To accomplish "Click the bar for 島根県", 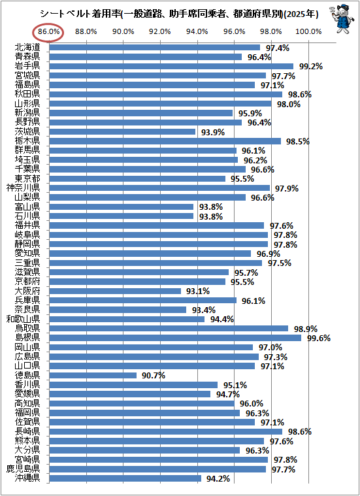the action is [x=175, y=338].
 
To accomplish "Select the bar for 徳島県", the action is [x=93, y=376].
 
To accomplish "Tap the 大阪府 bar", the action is [x=115, y=291].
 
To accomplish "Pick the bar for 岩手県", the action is [x=171, y=67].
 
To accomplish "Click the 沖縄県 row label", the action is [x=27, y=478].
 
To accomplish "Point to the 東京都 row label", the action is [x=27, y=178].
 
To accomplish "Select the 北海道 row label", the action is [x=27, y=48].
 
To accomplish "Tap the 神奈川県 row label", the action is [x=24, y=188].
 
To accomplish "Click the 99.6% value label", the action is [x=319, y=339].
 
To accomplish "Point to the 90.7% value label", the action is [x=154, y=376].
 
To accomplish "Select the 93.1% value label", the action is [x=198, y=291].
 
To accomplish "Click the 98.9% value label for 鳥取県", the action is [x=306, y=329].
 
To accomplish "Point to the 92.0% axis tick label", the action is [x=160, y=32].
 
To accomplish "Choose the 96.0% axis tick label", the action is [x=234, y=32].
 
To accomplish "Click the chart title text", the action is [x=179, y=14].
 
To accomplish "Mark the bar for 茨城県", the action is [x=123, y=132].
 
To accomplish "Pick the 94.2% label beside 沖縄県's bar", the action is [x=218, y=479].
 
